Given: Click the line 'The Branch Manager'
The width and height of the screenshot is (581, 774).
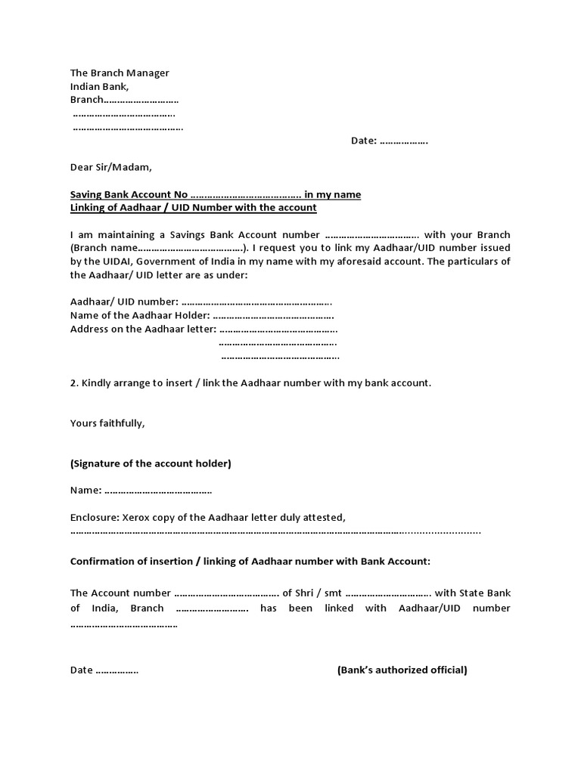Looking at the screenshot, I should tap(120, 73).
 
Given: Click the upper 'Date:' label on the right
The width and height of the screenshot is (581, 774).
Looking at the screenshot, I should tap(363, 141).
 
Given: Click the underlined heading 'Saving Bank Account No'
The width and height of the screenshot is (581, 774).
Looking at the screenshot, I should tap(129, 194).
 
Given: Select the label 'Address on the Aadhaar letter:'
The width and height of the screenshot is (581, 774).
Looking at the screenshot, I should tap(143, 329).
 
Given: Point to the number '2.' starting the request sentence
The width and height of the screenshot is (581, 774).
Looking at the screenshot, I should tap(74, 383).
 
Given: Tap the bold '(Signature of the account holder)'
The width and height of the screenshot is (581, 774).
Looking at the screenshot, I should tap(151, 463).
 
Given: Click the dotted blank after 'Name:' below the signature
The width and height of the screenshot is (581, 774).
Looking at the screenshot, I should tap(157, 491).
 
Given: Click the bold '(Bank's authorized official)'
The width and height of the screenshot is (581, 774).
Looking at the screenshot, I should tap(402, 670).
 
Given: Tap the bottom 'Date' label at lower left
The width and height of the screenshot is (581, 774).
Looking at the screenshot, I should tap(82, 670).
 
